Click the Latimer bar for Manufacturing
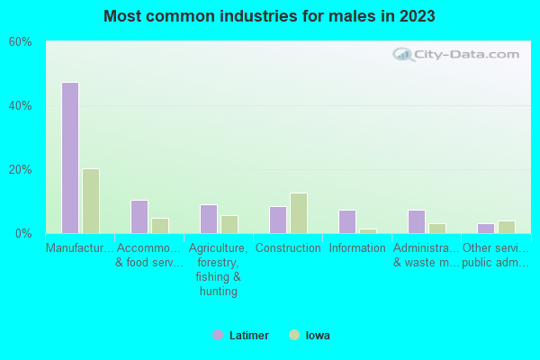(x=69, y=157)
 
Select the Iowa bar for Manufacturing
(x=91, y=201)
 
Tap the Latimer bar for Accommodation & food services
(x=139, y=217)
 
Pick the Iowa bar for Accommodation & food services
(x=160, y=226)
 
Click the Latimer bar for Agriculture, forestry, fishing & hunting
(x=208, y=219)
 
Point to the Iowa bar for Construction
(x=299, y=213)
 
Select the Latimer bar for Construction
(x=277, y=220)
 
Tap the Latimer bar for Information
(x=346, y=221)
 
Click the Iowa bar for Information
(x=368, y=231)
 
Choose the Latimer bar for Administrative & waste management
(x=416, y=221)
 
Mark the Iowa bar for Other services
(x=507, y=227)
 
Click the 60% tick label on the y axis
(x=21, y=42)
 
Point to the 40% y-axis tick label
(x=21, y=105)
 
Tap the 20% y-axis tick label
(x=21, y=169)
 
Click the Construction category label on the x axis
(x=288, y=248)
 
